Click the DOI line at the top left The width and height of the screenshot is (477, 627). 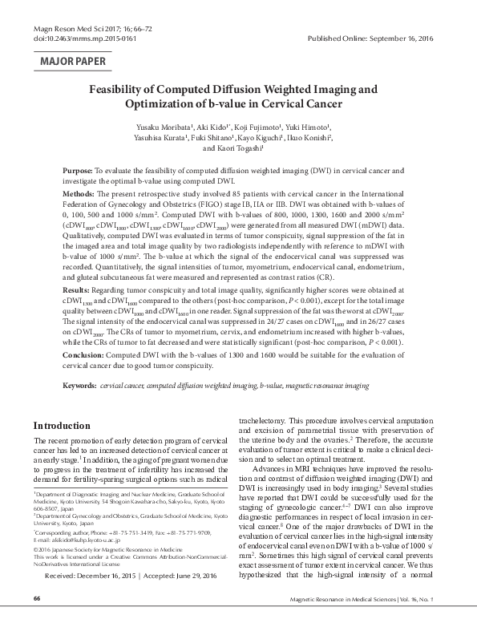click(x=68, y=38)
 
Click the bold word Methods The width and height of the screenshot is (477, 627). click(x=79, y=195)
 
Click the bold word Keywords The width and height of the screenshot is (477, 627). click(x=80, y=386)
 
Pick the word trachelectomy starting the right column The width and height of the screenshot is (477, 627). click(x=265, y=419)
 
